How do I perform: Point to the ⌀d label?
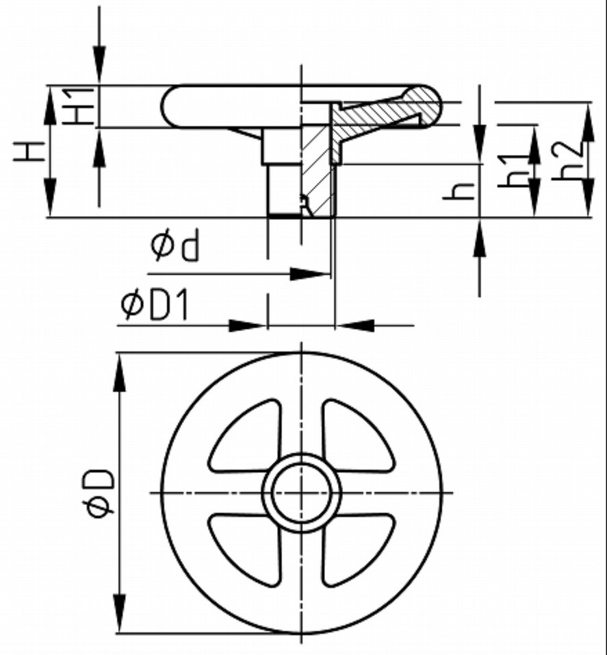[x=175, y=246]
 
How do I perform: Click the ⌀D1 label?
[x=155, y=306]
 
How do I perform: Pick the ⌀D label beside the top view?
[x=98, y=493]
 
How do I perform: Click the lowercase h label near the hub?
[x=459, y=192]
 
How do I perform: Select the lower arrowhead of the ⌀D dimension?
[x=119, y=613]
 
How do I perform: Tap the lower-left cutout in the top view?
[x=246, y=549]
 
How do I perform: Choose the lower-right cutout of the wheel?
[x=357, y=549]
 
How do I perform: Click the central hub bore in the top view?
[x=302, y=493]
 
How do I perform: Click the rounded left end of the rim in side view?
[x=171, y=106]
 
